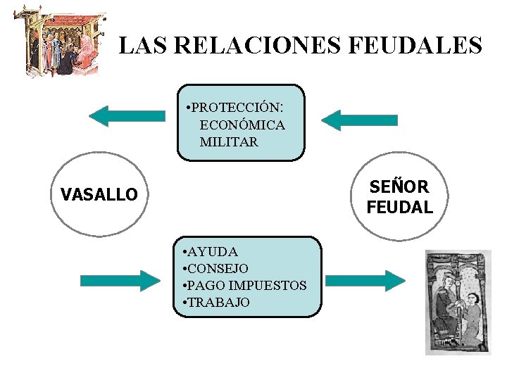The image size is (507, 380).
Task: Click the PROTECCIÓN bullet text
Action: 237,108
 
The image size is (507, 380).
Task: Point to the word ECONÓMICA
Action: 242,125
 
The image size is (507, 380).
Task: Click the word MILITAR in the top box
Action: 229,142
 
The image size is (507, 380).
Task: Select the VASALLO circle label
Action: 99,195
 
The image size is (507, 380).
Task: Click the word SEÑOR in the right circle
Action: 399,187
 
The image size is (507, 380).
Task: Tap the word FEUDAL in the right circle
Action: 399,208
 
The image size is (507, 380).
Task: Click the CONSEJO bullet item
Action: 218,269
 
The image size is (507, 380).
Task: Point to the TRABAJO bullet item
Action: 219,303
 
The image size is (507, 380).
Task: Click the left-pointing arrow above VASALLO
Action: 127,116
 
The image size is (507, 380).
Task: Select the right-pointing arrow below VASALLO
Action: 120,281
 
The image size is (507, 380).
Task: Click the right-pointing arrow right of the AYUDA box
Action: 365,281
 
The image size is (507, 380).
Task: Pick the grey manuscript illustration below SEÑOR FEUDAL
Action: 458,302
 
